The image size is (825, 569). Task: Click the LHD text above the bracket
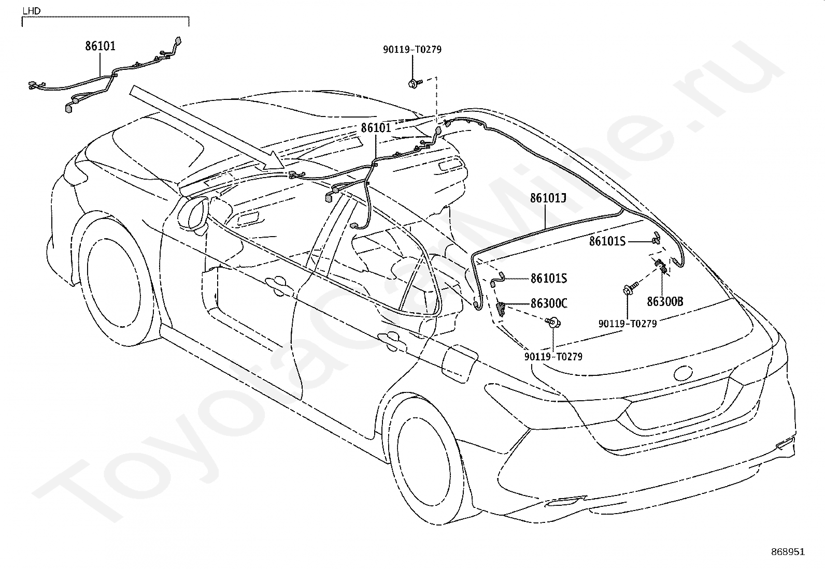click(x=31, y=11)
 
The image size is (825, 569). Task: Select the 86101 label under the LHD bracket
click(x=100, y=46)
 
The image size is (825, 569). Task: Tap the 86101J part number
click(x=548, y=198)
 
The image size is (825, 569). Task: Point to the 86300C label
click(x=549, y=303)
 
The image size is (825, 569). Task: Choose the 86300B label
click(x=665, y=302)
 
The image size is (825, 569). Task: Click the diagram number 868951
click(x=788, y=552)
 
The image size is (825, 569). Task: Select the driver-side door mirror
click(x=195, y=215)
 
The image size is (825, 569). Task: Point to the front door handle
click(x=276, y=283)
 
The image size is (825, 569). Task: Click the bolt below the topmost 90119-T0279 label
click(x=415, y=83)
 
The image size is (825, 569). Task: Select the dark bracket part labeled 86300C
click(x=501, y=309)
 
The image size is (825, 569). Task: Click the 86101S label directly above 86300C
click(x=548, y=279)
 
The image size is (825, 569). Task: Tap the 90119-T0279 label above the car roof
click(x=412, y=49)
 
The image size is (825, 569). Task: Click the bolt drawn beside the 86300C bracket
click(x=553, y=323)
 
